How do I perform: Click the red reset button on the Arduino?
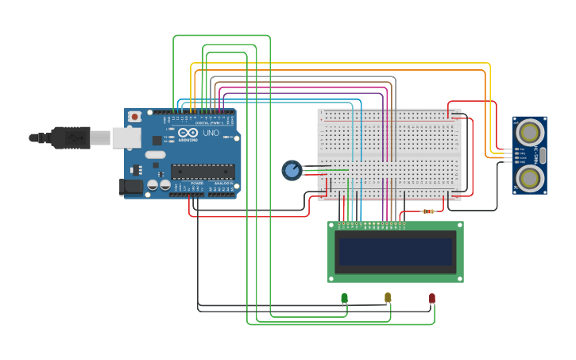click(x=135, y=116)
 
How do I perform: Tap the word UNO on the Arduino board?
click(x=211, y=133)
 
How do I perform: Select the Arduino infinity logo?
click(x=187, y=133)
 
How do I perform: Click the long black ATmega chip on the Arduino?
click(x=203, y=171)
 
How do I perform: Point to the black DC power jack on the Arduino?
click(x=130, y=187)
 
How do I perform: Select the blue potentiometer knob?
click(x=292, y=170)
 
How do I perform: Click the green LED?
click(x=344, y=298)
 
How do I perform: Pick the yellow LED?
click(x=388, y=297)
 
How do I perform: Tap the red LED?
click(x=432, y=298)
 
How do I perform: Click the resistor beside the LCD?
click(x=429, y=211)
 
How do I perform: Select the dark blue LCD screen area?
click(x=395, y=252)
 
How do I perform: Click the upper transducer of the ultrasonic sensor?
click(x=529, y=131)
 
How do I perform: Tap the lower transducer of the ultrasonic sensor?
click(x=529, y=176)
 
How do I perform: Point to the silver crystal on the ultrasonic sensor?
click(x=543, y=154)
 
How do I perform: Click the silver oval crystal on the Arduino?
click(x=156, y=155)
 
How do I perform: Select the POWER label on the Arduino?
click(x=196, y=183)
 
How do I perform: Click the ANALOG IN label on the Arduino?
click(x=223, y=183)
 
